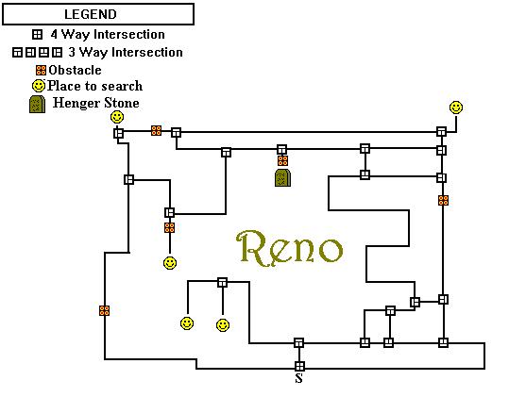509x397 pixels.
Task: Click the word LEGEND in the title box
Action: click(91, 14)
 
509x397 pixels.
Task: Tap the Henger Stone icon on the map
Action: click(282, 177)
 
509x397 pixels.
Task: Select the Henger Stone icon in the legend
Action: click(38, 105)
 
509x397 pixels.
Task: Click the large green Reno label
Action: click(289, 248)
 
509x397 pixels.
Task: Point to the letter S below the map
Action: click(299, 378)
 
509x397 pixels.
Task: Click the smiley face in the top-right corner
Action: click(456, 108)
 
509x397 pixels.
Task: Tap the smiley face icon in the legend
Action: click(39, 86)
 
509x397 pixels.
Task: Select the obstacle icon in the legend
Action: click(42, 70)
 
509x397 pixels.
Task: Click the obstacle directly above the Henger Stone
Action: click(282, 160)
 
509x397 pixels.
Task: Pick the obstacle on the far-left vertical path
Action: click(104, 310)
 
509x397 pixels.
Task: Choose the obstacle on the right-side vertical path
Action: click(444, 200)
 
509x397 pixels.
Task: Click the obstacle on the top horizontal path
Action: click(156, 131)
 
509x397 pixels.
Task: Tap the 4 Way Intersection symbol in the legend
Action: click(38, 34)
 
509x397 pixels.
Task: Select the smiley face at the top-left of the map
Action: click(117, 117)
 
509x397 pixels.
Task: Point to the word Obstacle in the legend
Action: click(75, 70)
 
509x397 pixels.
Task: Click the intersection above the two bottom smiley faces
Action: click(222, 282)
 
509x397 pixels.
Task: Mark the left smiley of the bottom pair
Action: click(187, 323)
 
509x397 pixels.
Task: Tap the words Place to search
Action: click(94, 86)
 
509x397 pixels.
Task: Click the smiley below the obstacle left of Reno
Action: click(170, 263)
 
